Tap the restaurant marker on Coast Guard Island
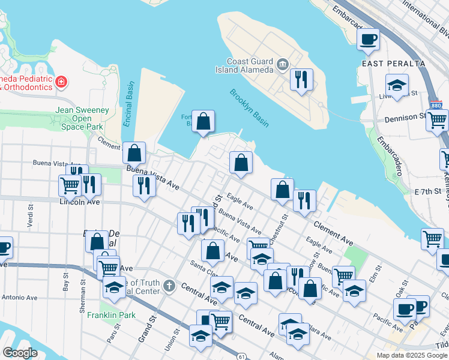click(x=301, y=79)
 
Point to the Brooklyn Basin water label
click(x=249, y=107)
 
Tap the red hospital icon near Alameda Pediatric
click(x=61, y=82)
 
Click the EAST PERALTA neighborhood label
click(x=393, y=64)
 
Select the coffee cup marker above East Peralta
click(x=368, y=40)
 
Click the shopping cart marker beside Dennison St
click(x=437, y=119)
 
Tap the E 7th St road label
click(x=427, y=191)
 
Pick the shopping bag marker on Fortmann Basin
click(x=204, y=121)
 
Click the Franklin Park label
click(x=111, y=315)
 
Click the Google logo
click(x=19, y=353)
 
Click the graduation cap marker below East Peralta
click(x=397, y=86)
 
